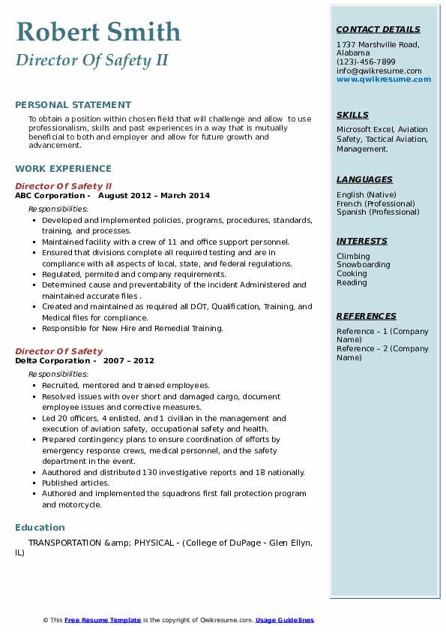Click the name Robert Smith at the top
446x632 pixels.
coord(98,32)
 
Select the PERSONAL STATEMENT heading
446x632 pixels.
coord(73,105)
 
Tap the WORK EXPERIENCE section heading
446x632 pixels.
coord(63,169)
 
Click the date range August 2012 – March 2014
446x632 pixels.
coord(154,195)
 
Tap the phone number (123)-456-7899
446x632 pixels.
coord(366,62)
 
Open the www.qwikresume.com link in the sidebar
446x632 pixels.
coord(383,79)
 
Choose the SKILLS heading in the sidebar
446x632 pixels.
coord(352,115)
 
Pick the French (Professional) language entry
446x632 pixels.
coord(376,203)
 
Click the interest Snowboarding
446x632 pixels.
coord(363,265)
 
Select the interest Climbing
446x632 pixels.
coord(353,256)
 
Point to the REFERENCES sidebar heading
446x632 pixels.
coord(367,316)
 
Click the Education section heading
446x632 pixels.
coord(40,528)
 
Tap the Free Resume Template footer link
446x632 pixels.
coord(103,620)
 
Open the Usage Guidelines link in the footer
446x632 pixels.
coord(284,620)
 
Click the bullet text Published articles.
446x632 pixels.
coord(75,483)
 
